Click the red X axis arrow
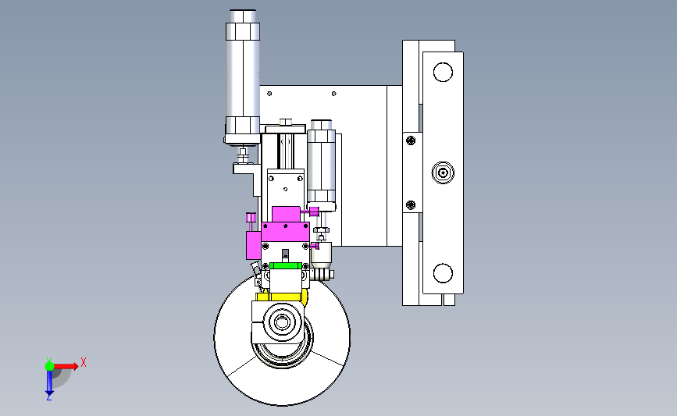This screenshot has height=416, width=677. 65,366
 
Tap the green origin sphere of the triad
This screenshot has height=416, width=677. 49,366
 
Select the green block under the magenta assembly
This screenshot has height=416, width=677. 285,266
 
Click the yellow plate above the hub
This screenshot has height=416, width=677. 282,297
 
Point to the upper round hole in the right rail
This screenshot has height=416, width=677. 443,72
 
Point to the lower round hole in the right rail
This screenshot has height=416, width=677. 443,273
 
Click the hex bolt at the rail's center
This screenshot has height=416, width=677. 443,173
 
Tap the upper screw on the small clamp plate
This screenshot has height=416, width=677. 411,140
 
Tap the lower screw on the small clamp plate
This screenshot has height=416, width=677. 411,205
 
